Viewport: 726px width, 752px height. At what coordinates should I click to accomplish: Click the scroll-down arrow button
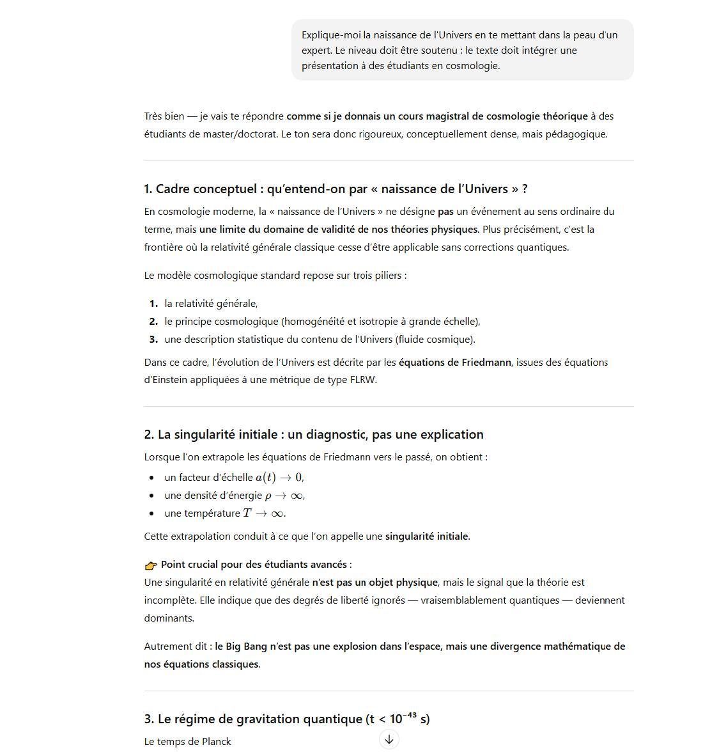click(389, 739)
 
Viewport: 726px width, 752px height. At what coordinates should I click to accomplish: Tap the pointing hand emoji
click(151, 565)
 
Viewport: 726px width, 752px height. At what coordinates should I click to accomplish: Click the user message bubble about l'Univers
click(462, 50)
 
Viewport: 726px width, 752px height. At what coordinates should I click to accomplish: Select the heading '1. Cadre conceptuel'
click(336, 189)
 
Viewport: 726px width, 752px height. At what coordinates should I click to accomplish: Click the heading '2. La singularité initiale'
click(314, 434)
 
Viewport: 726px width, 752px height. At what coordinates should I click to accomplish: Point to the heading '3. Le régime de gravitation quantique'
click(286, 719)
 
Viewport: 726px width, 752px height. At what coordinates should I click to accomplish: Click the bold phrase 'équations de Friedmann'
click(454, 362)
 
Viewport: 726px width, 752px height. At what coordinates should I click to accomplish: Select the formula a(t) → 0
click(279, 477)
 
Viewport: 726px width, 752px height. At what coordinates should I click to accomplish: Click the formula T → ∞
click(263, 513)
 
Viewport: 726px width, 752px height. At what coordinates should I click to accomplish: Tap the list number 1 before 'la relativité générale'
click(153, 303)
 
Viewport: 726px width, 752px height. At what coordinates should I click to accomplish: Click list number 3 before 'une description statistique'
click(153, 339)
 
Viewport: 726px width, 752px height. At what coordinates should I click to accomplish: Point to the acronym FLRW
click(363, 380)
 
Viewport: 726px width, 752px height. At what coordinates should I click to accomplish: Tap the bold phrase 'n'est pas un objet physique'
click(375, 582)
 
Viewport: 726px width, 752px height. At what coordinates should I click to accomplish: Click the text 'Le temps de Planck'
click(187, 741)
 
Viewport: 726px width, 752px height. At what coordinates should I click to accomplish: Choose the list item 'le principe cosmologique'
click(322, 321)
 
